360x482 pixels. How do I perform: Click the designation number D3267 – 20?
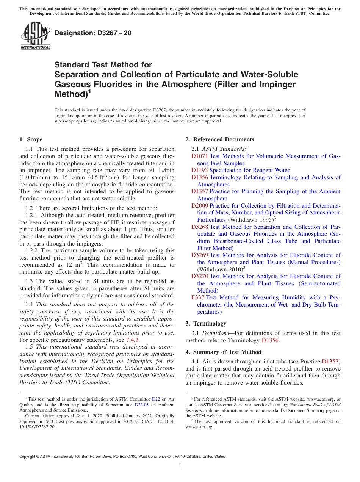pos(93,33)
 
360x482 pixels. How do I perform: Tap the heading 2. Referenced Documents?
pos(220,139)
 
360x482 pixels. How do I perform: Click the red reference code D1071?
pos(199,156)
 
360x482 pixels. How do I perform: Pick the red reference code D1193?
pos(199,170)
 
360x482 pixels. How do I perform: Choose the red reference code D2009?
pos(199,205)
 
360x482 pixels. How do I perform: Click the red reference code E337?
pos(198,297)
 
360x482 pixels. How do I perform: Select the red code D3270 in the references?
pos(199,276)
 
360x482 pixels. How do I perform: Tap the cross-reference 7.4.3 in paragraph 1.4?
pos(133,340)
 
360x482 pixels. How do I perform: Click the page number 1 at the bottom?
pos(180,465)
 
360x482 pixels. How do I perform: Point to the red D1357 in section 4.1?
pos(331,361)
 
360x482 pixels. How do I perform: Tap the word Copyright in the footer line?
pos(29,457)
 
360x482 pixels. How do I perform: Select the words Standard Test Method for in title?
pos(103,65)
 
